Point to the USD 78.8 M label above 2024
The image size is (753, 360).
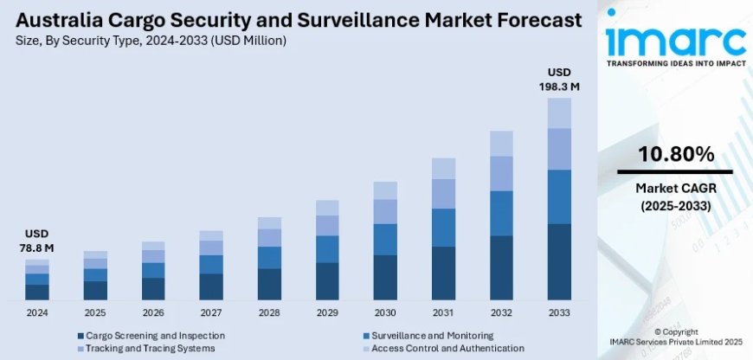[37, 241]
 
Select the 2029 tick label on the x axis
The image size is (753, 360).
[328, 312]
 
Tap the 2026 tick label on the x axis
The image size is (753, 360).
[153, 312]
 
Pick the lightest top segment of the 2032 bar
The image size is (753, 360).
[503, 144]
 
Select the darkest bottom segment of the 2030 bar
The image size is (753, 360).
[386, 277]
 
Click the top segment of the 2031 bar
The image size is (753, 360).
[444, 168]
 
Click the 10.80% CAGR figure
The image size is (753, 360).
[676, 155]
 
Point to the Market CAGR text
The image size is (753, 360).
[676, 188]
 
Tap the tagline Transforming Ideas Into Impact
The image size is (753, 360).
[676, 64]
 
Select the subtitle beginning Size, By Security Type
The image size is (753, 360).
[151, 41]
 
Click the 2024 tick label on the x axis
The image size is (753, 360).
[37, 312]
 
